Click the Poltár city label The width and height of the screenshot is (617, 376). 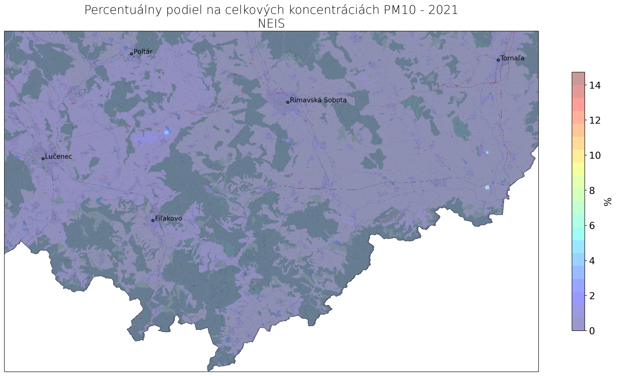[x=143, y=52]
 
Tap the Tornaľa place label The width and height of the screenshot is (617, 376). [x=512, y=59]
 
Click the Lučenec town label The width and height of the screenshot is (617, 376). [x=59, y=157]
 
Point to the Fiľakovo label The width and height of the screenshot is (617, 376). [x=169, y=219]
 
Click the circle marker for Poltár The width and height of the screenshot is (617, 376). [x=131, y=54]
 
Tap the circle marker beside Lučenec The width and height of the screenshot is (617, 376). [x=43, y=158]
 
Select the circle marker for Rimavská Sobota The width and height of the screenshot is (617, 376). [x=288, y=102]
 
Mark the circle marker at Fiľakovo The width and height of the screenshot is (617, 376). [x=153, y=221]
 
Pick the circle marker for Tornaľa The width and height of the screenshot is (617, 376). [x=498, y=60]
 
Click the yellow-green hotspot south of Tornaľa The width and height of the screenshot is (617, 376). [x=487, y=187]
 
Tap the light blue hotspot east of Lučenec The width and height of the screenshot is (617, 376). [x=167, y=132]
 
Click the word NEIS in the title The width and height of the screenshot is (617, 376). [x=271, y=24]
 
